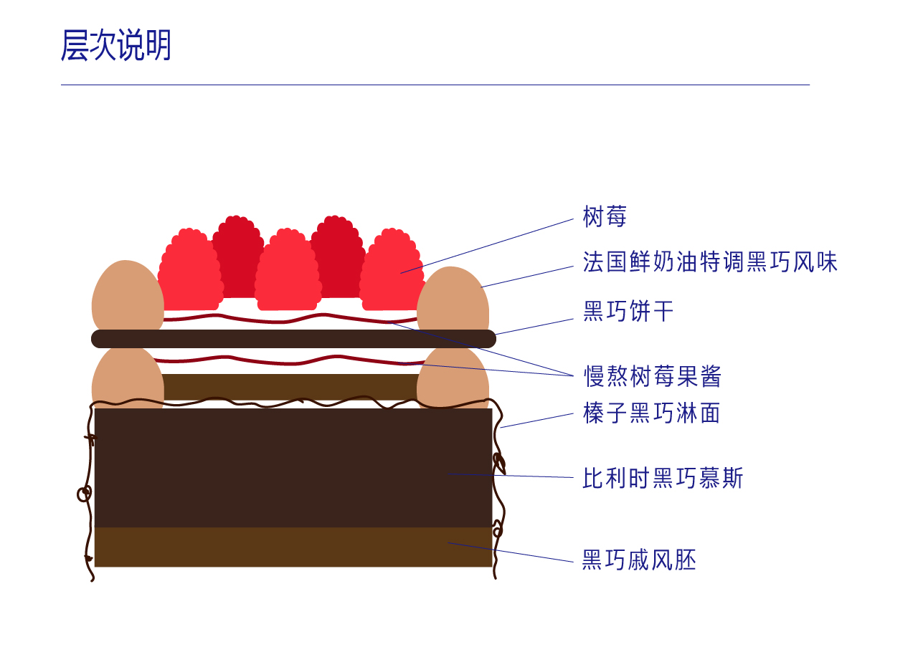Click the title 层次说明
pos(116,46)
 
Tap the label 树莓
pos(605,216)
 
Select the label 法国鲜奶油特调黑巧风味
pos(709,262)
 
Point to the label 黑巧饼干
pos(628,312)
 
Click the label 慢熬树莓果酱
pos(652,376)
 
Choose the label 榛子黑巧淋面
pos(651,413)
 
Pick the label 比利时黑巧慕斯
pos(663,478)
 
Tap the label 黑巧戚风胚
pos(639,560)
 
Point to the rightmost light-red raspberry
pos(391,271)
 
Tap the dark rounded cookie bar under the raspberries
pos(293,339)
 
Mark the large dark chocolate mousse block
pos(293,467)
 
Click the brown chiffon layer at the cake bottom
pos(293,547)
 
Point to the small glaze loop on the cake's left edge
pos(85,493)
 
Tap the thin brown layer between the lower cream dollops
pos(290,385)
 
